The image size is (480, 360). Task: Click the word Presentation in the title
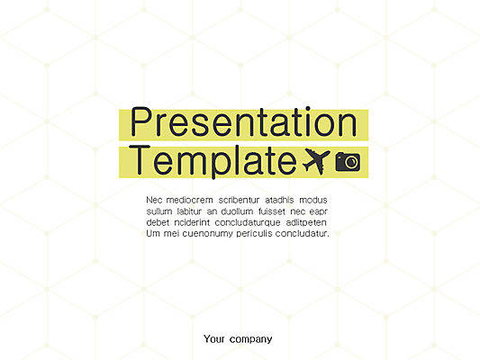point(244,121)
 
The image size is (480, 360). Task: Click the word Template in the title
point(213,162)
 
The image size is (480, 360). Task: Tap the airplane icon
point(316,161)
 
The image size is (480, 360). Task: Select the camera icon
point(348,161)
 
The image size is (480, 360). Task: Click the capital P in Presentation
point(141,121)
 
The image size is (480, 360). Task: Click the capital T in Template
point(140,160)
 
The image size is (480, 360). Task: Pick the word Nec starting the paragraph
point(154,200)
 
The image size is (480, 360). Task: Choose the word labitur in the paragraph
point(189,211)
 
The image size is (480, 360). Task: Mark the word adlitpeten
point(306,222)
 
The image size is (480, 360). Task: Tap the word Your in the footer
point(214,339)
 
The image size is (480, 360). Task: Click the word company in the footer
point(250,340)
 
